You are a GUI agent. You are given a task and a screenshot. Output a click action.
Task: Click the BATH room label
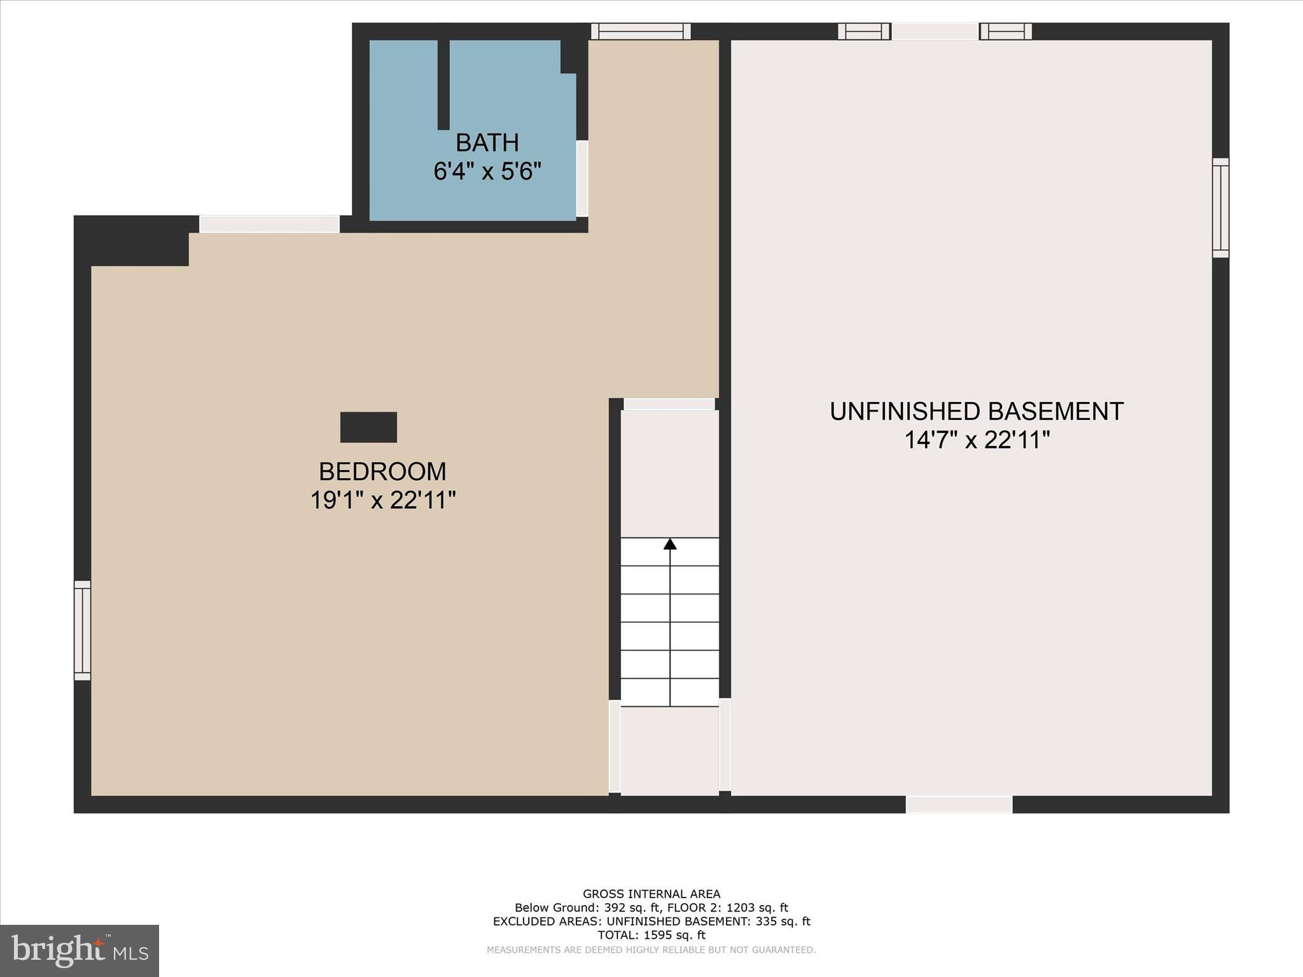[x=487, y=142]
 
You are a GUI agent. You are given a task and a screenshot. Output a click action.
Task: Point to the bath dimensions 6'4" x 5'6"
[x=487, y=171]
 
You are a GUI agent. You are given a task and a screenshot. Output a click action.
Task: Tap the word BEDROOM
[x=382, y=471]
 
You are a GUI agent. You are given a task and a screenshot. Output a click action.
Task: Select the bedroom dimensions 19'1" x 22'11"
[x=383, y=501]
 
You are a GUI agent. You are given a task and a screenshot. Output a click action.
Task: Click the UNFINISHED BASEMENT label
[x=977, y=412]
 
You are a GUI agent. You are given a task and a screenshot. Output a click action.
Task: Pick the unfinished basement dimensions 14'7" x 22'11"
[x=977, y=440]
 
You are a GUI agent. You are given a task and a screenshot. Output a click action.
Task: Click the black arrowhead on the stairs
[x=670, y=544]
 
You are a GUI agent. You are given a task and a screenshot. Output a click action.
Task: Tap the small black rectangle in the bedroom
[x=368, y=427]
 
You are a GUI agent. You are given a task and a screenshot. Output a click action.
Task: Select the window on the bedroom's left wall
[x=83, y=630]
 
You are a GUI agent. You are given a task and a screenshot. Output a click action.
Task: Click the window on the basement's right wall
[x=1220, y=208]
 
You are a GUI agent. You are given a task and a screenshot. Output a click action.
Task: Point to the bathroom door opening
[x=582, y=179]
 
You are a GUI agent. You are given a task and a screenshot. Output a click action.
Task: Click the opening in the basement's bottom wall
[x=959, y=805]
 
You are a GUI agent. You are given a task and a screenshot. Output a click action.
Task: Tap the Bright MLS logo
[x=80, y=950]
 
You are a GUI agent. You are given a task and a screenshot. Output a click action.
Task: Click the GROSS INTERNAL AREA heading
[x=651, y=894]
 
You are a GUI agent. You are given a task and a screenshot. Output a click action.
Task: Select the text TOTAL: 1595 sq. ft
[x=651, y=935]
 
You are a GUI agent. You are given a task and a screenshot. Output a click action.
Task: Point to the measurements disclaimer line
[x=651, y=950]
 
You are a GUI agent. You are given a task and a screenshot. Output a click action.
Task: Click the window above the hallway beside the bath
[x=641, y=31]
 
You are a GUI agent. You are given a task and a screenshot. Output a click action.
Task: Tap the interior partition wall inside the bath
[x=443, y=84]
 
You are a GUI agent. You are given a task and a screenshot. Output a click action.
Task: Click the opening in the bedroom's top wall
[x=270, y=224]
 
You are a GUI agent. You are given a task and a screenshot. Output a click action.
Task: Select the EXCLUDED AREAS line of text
[x=651, y=921]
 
